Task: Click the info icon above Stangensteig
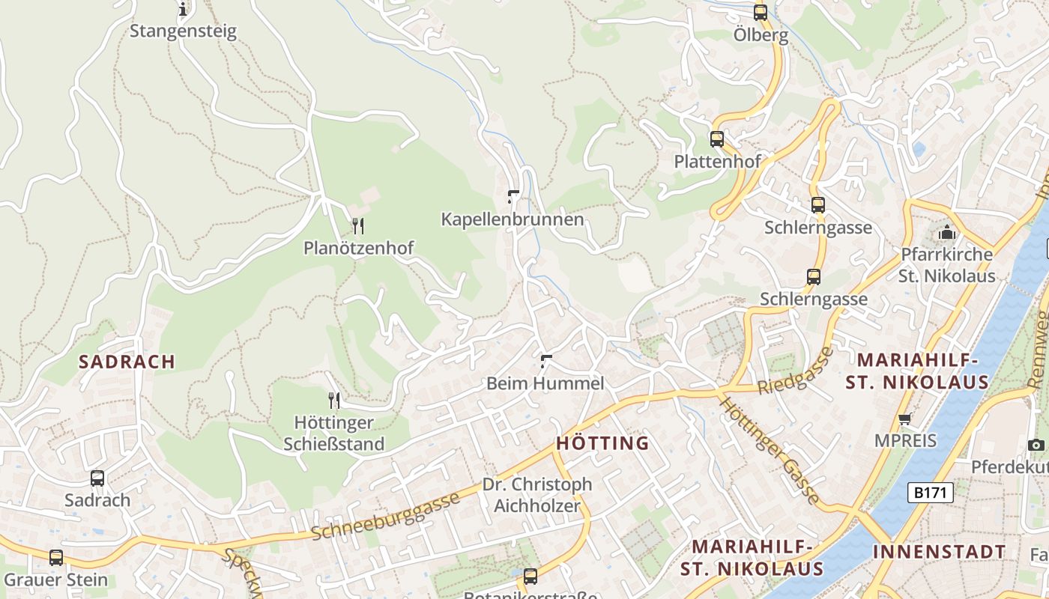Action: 183,10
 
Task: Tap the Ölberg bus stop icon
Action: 761,12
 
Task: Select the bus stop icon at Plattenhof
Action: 717,139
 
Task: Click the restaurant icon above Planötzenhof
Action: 358,225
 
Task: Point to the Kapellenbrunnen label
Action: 512,219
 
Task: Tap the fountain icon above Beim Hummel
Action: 546,362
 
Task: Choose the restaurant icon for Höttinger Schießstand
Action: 334,401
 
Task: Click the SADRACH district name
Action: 127,362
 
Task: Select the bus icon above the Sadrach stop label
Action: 97,478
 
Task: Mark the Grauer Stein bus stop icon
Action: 56,558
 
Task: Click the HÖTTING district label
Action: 602,443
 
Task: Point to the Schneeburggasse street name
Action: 385,517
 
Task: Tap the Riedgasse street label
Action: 796,372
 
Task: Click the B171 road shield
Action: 931,493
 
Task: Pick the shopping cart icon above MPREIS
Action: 905,419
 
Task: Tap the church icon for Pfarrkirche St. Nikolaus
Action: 947,232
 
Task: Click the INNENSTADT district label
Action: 939,553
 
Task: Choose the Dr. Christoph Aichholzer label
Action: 536,495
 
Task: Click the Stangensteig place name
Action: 183,31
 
